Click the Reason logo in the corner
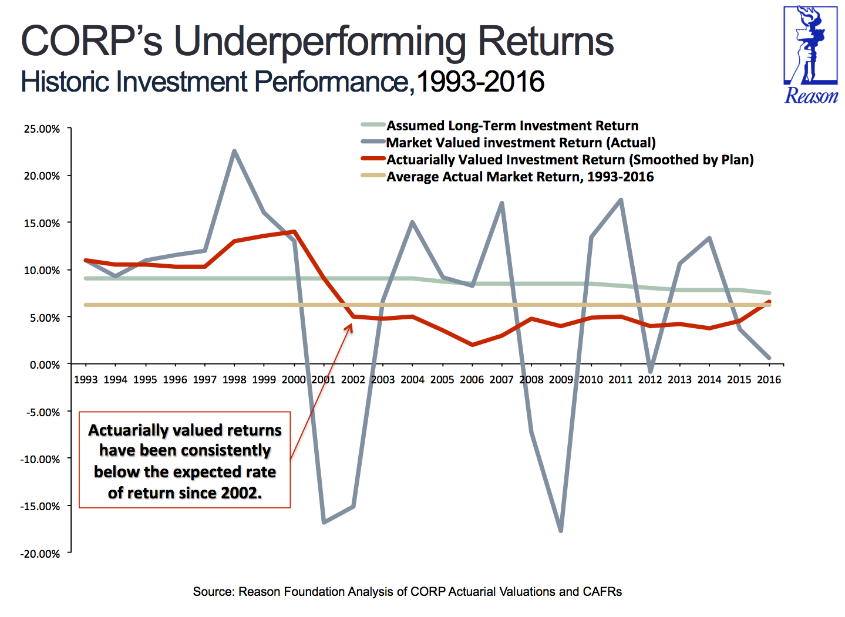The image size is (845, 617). point(811,55)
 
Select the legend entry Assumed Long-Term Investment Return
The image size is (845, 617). point(512,126)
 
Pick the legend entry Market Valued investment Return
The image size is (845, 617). point(520,143)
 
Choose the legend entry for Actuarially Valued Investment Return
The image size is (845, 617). point(570,160)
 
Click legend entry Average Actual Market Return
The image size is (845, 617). point(520,177)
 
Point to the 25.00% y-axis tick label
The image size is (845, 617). point(42,129)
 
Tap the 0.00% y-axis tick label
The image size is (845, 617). point(45,365)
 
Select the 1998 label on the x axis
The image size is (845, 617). point(234,380)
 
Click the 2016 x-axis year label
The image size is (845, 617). point(769,380)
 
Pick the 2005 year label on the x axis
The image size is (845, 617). point(442,380)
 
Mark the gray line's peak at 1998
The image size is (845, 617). point(234,151)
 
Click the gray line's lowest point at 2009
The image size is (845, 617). point(561,531)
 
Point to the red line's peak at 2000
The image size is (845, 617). point(294,231)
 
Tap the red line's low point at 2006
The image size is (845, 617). point(472,345)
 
